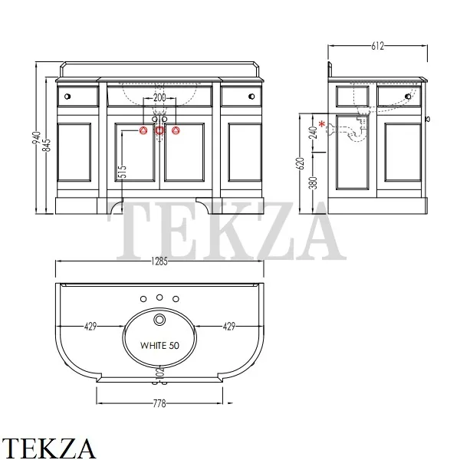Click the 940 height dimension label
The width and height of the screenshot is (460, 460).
tap(37, 138)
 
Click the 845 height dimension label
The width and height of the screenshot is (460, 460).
tap(47, 145)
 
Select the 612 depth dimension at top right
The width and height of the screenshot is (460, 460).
tap(377, 46)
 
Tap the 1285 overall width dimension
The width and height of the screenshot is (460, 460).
tap(159, 261)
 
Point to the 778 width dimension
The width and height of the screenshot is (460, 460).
tap(159, 404)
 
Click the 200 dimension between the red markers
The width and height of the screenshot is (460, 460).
tap(159, 97)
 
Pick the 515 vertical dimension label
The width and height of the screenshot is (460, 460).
tap(123, 172)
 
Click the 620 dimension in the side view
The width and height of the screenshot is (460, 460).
tap(301, 164)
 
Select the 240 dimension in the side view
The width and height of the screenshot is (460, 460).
tap(314, 133)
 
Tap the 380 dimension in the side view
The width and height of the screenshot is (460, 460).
tap(314, 182)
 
